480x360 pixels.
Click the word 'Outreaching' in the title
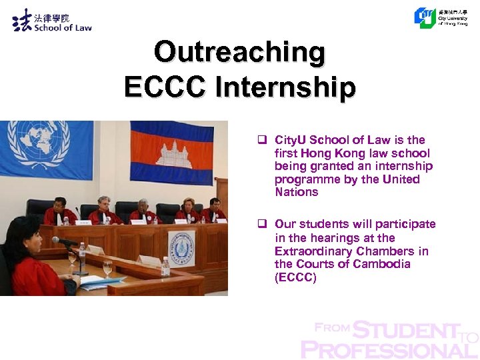[239, 51]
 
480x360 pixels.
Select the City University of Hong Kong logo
[425, 17]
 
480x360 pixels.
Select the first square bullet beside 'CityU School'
[263, 140]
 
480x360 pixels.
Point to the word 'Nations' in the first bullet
[297, 192]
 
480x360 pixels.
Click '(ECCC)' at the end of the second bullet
[295, 277]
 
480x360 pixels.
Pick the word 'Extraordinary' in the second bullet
[310, 251]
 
